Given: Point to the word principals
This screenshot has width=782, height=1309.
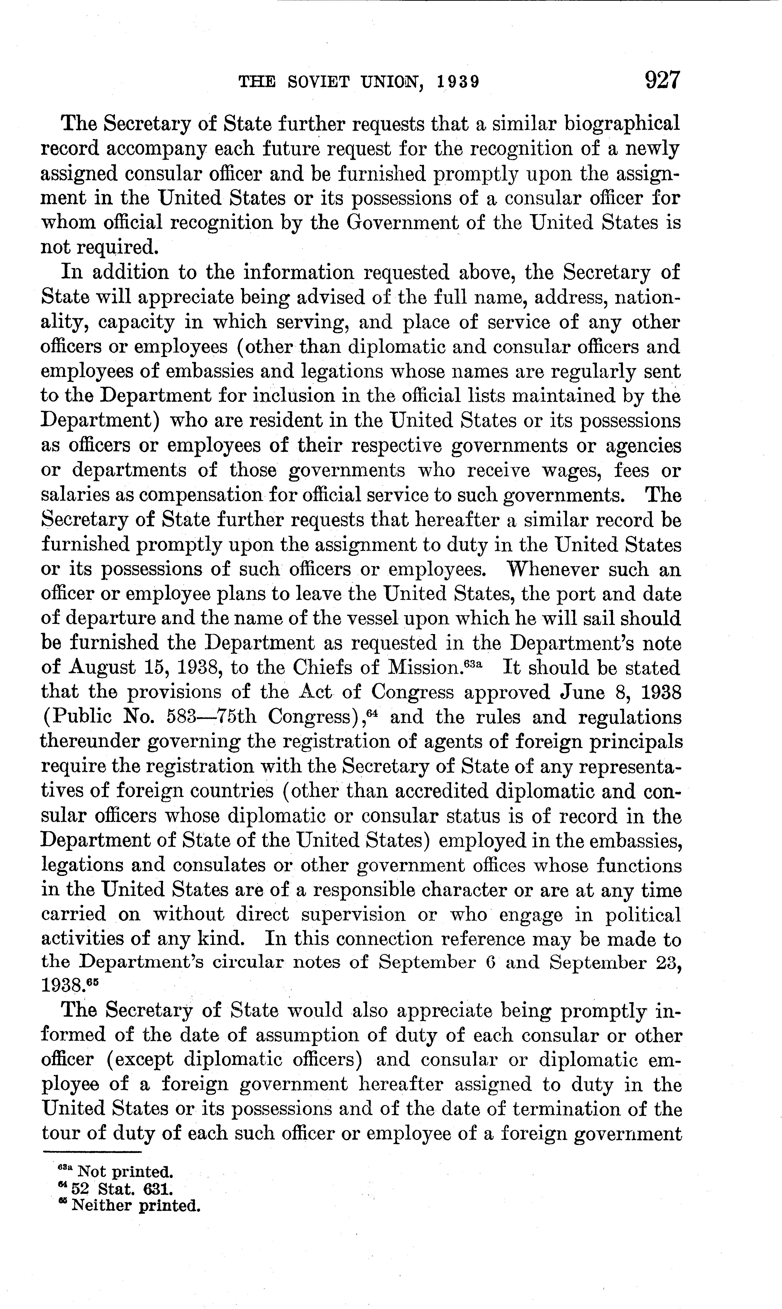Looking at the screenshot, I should pyautogui.click(x=632, y=742).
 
